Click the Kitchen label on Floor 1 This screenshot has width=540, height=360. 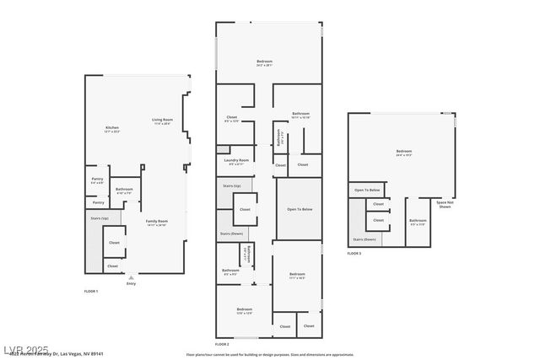[112, 128]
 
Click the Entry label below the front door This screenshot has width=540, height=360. [131, 283]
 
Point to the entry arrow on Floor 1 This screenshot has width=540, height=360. [131, 277]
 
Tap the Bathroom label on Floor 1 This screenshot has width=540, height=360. [124, 191]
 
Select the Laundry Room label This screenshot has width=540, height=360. [236, 161]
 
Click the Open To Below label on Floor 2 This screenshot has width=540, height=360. [299, 208]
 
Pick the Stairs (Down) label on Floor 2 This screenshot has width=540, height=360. [231, 234]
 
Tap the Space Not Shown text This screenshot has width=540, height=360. [443, 204]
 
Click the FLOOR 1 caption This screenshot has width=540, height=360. [91, 291]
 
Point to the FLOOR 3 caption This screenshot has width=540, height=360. [354, 253]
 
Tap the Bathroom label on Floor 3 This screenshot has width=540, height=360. [418, 222]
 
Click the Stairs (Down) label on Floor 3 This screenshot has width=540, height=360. [364, 239]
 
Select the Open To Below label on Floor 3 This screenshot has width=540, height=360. [365, 191]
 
